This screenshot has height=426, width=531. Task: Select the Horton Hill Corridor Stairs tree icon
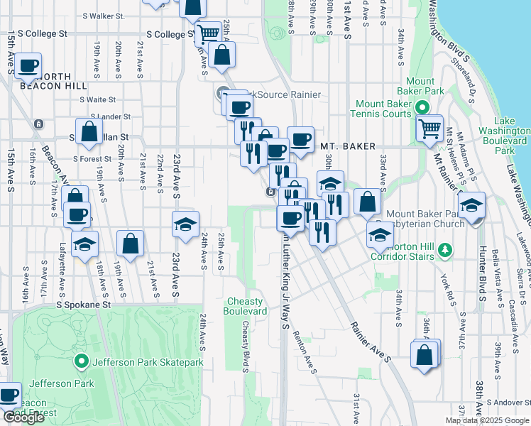tap(445, 250)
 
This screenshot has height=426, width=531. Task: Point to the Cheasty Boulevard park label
tap(246, 307)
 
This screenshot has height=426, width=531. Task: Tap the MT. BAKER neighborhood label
tap(347, 146)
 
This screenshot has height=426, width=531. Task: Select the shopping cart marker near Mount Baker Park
tap(429, 129)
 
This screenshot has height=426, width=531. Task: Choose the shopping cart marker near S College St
tap(208, 33)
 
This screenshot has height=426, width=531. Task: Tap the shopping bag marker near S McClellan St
tap(89, 131)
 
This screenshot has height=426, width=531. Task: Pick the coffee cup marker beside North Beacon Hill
tap(28, 67)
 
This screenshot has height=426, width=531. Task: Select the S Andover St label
tap(506, 403)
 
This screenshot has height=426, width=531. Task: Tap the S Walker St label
tap(103, 15)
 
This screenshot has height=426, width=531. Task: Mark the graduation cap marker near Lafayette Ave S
tap(85, 245)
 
